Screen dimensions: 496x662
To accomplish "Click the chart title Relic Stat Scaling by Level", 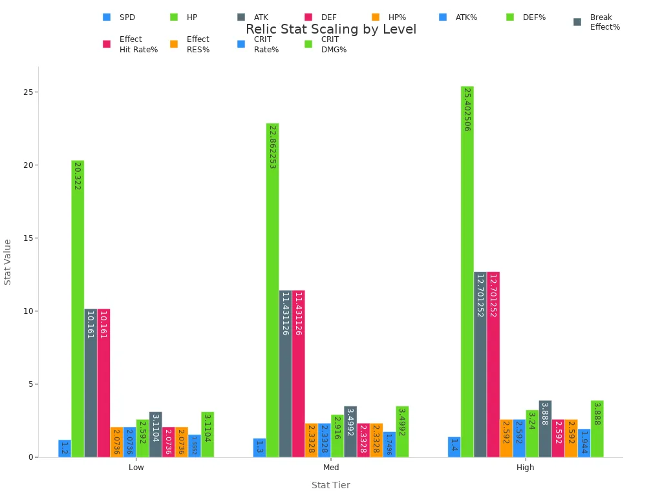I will click(x=330, y=30).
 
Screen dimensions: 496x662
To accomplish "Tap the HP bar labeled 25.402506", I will click(x=467, y=271).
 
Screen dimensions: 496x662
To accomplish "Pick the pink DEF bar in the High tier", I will click(x=493, y=364).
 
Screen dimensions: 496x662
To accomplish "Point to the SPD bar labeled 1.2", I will click(x=65, y=448).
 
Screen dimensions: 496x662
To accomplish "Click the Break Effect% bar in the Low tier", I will click(x=155, y=434).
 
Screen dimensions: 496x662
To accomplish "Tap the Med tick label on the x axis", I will click(x=330, y=468).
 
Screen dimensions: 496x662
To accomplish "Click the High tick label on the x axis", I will click(x=525, y=468).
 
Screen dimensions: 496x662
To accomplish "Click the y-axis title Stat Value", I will click(x=8, y=262).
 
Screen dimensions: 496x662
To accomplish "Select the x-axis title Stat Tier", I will click(x=330, y=485).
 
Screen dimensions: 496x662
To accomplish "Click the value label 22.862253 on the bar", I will click(x=272, y=147).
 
